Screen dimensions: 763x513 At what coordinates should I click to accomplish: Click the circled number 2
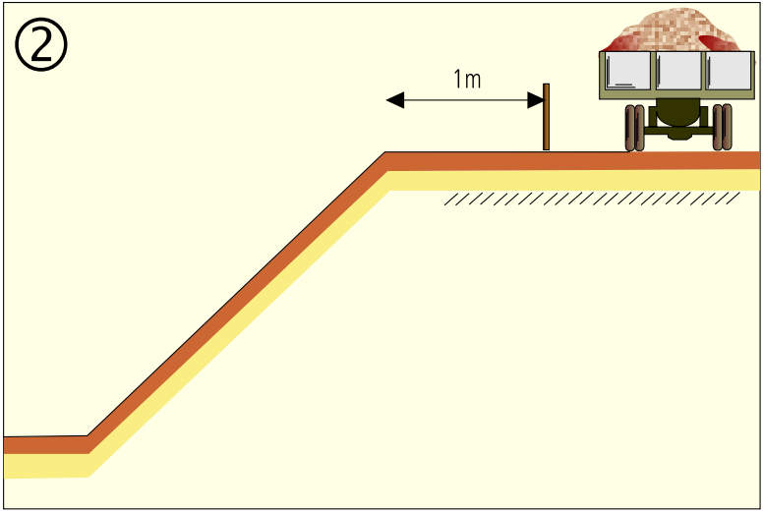pos(41,45)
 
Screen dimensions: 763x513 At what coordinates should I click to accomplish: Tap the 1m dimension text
pos(467,80)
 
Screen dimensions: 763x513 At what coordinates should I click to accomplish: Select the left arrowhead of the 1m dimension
pos(395,100)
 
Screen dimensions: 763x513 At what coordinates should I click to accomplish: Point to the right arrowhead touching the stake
pos(536,100)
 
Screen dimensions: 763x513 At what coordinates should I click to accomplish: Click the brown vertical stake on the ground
pos(546,117)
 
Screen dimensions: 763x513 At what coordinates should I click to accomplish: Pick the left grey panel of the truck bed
pos(628,71)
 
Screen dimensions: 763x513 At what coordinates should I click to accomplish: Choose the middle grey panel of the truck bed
pos(678,71)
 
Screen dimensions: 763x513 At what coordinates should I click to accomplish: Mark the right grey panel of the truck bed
pos(729,71)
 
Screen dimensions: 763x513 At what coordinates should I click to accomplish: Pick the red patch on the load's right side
pos(719,44)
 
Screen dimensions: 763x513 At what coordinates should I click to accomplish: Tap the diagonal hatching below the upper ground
pos(592,199)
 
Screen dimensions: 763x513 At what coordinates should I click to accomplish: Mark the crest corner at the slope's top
pos(385,152)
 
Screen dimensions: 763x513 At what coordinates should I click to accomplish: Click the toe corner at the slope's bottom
pos(88,435)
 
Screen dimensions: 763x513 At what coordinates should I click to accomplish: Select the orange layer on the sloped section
pos(238,303)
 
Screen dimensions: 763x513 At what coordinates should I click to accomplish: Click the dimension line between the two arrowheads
pos(466,100)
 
